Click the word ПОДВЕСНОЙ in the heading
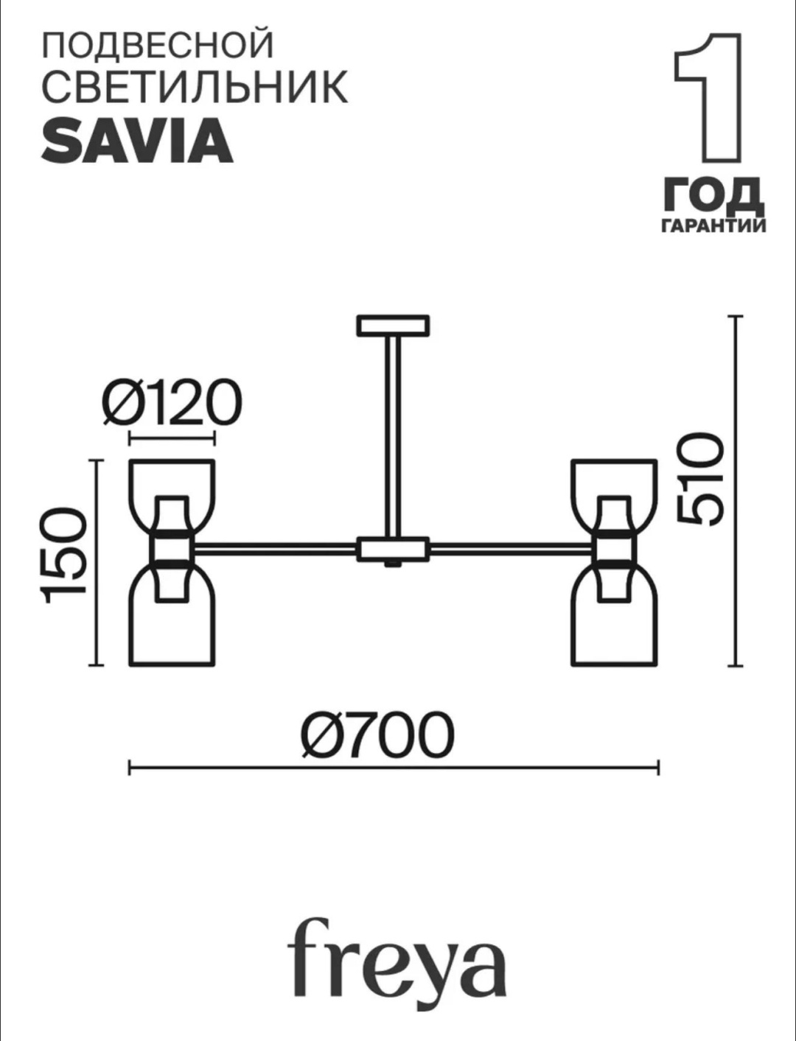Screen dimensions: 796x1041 coord(158,45)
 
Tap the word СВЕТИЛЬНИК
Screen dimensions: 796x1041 coord(195,87)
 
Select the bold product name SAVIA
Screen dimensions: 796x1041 coord(137,141)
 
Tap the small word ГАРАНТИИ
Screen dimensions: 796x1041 coord(713,225)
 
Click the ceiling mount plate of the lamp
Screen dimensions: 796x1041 coord(394,326)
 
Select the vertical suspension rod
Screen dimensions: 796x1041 coord(393,436)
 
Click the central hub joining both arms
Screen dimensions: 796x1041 coord(394,549)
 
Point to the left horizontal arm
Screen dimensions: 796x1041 coord(275,549)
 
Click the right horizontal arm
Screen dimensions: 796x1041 coord(512,549)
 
